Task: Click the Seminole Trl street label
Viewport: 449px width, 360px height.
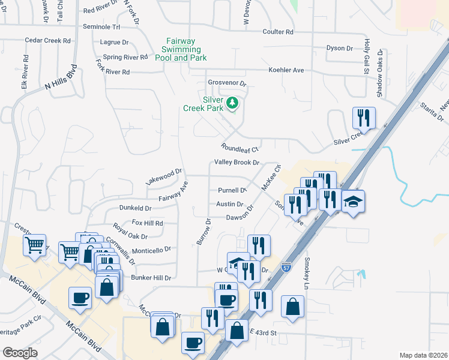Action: (x=101, y=27)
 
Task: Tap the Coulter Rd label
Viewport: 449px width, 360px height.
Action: (x=278, y=32)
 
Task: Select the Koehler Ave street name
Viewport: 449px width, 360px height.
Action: (x=286, y=70)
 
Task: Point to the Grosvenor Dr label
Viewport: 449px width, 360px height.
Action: (x=227, y=83)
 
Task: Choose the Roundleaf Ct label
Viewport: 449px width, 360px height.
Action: (x=239, y=148)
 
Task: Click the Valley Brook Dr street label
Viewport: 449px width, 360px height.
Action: (x=237, y=163)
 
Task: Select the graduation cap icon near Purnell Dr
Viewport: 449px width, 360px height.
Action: (x=354, y=201)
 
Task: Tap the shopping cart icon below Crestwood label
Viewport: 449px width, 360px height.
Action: (x=34, y=245)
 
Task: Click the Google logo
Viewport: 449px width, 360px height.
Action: (x=20, y=353)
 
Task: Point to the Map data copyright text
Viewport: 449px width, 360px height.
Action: (x=423, y=355)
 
